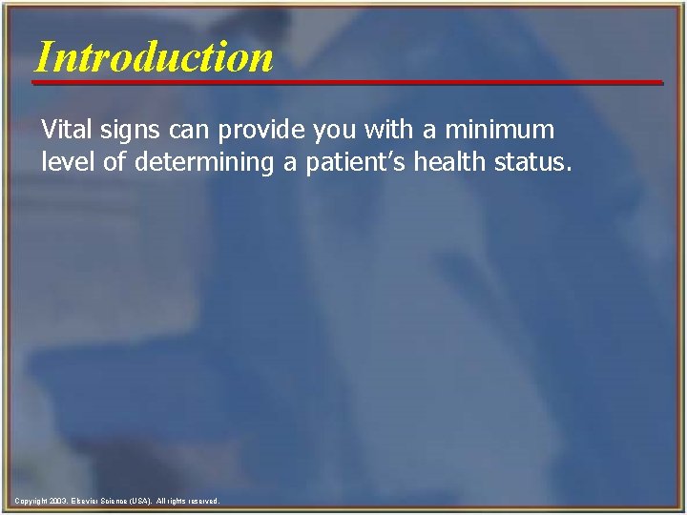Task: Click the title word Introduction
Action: pyautogui.click(x=154, y=56)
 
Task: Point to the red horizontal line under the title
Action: pyautogui.click(x=347, y=83)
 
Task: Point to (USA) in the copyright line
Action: pyautogui.click(x=139, y=501)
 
